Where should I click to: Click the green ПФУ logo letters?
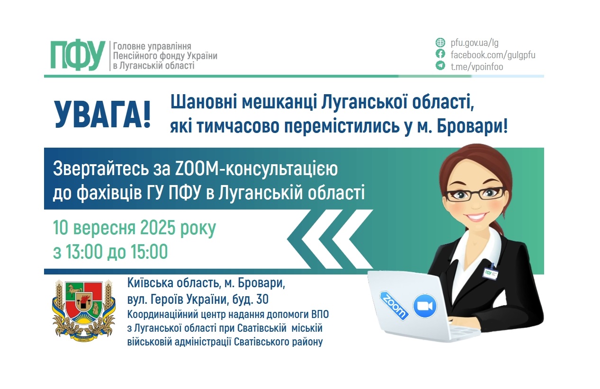click(78, 55)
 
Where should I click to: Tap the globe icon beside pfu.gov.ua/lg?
click(440, 43)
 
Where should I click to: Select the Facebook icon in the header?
click(440, 54)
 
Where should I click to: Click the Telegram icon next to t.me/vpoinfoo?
click(440, 66)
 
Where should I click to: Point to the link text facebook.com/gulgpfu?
click(493, 54)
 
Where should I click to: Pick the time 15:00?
click(149, 252)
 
